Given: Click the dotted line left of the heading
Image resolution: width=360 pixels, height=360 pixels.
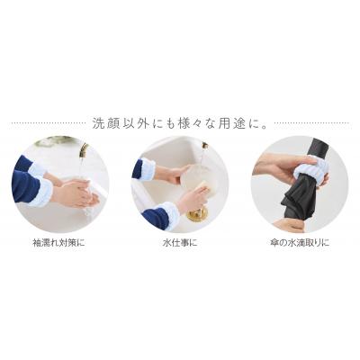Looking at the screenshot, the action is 48,123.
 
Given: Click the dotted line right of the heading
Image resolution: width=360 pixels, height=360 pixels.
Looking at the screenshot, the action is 312,123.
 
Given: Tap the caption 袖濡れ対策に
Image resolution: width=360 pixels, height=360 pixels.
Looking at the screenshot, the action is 58,242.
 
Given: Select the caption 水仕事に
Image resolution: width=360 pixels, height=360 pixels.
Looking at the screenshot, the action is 180,242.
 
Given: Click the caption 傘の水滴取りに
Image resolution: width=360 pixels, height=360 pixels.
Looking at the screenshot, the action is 299,242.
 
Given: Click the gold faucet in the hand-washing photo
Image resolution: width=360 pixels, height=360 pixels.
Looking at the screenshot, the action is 84,151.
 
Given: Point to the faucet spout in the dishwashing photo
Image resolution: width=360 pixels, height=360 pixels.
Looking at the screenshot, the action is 205,146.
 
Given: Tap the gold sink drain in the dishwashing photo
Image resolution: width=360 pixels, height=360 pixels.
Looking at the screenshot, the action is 197,214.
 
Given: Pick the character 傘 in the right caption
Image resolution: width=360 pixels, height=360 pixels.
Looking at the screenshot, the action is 274,242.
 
